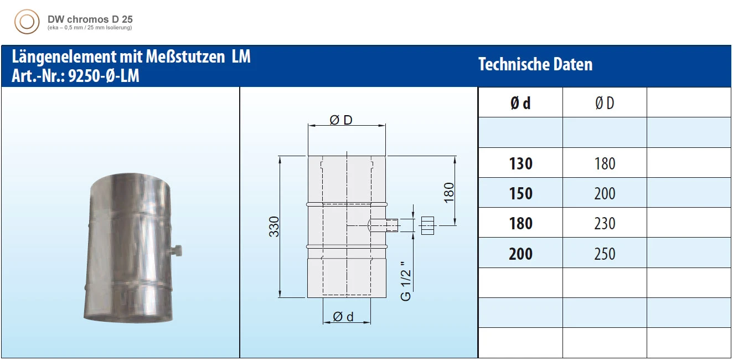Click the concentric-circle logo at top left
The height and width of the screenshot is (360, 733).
point(27,22)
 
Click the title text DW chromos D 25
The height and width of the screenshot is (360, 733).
point(90,19)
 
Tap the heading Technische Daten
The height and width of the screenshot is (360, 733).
point(535,65)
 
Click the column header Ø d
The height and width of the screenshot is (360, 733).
point(520,103)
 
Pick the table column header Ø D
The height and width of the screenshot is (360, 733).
point(605,103)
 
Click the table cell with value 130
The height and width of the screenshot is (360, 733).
point(520,163)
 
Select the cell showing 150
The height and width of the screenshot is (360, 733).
point(520,193)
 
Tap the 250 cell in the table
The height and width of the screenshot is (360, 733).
point(605,254)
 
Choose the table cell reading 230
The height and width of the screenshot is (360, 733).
point(605,223)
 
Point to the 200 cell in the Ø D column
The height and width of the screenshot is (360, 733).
point(605,193)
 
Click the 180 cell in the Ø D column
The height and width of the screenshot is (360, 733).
point(605,163)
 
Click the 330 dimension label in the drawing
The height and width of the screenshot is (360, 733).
point(273,227)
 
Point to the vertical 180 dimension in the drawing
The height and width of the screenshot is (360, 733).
point(449,192)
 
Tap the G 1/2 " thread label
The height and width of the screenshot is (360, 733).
point(406,280)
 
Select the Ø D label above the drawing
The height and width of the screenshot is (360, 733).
point(341,120)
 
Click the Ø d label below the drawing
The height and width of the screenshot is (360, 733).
point(343,317)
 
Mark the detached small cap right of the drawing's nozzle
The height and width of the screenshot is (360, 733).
point(427,225)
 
